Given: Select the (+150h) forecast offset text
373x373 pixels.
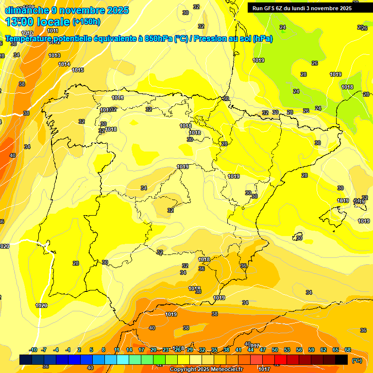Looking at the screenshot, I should click(86, 22).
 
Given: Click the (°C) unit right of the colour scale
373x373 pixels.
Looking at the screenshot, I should click(357, 360).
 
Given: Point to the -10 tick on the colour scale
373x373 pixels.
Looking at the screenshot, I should click(33, 350).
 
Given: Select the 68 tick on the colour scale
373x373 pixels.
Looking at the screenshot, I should click(348, 350).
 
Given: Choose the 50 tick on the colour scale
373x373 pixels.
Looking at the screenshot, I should click(275, 350).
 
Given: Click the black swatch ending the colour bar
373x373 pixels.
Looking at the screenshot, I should click(341, 359).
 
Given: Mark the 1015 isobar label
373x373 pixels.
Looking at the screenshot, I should click(78, 70).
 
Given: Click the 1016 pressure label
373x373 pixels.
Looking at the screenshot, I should click(118, 98).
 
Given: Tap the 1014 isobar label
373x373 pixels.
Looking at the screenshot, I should click(64, 64).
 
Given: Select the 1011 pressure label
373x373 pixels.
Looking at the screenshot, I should click(52, 44).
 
